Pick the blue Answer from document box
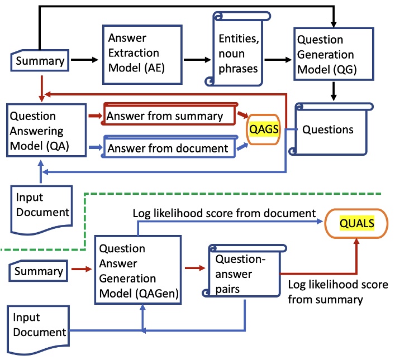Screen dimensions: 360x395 point(168,148)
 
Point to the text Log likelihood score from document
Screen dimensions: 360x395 point(224,213)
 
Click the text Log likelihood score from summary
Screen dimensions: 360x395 point(326,292)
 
